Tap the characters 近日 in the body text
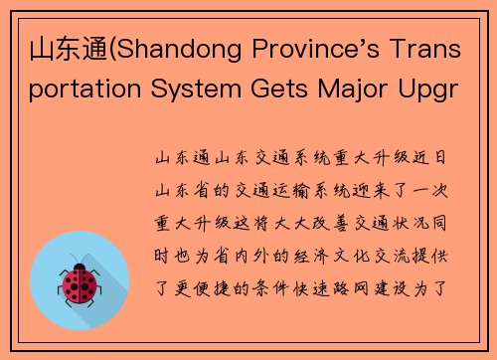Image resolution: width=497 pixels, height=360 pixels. (x=433, y=158)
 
